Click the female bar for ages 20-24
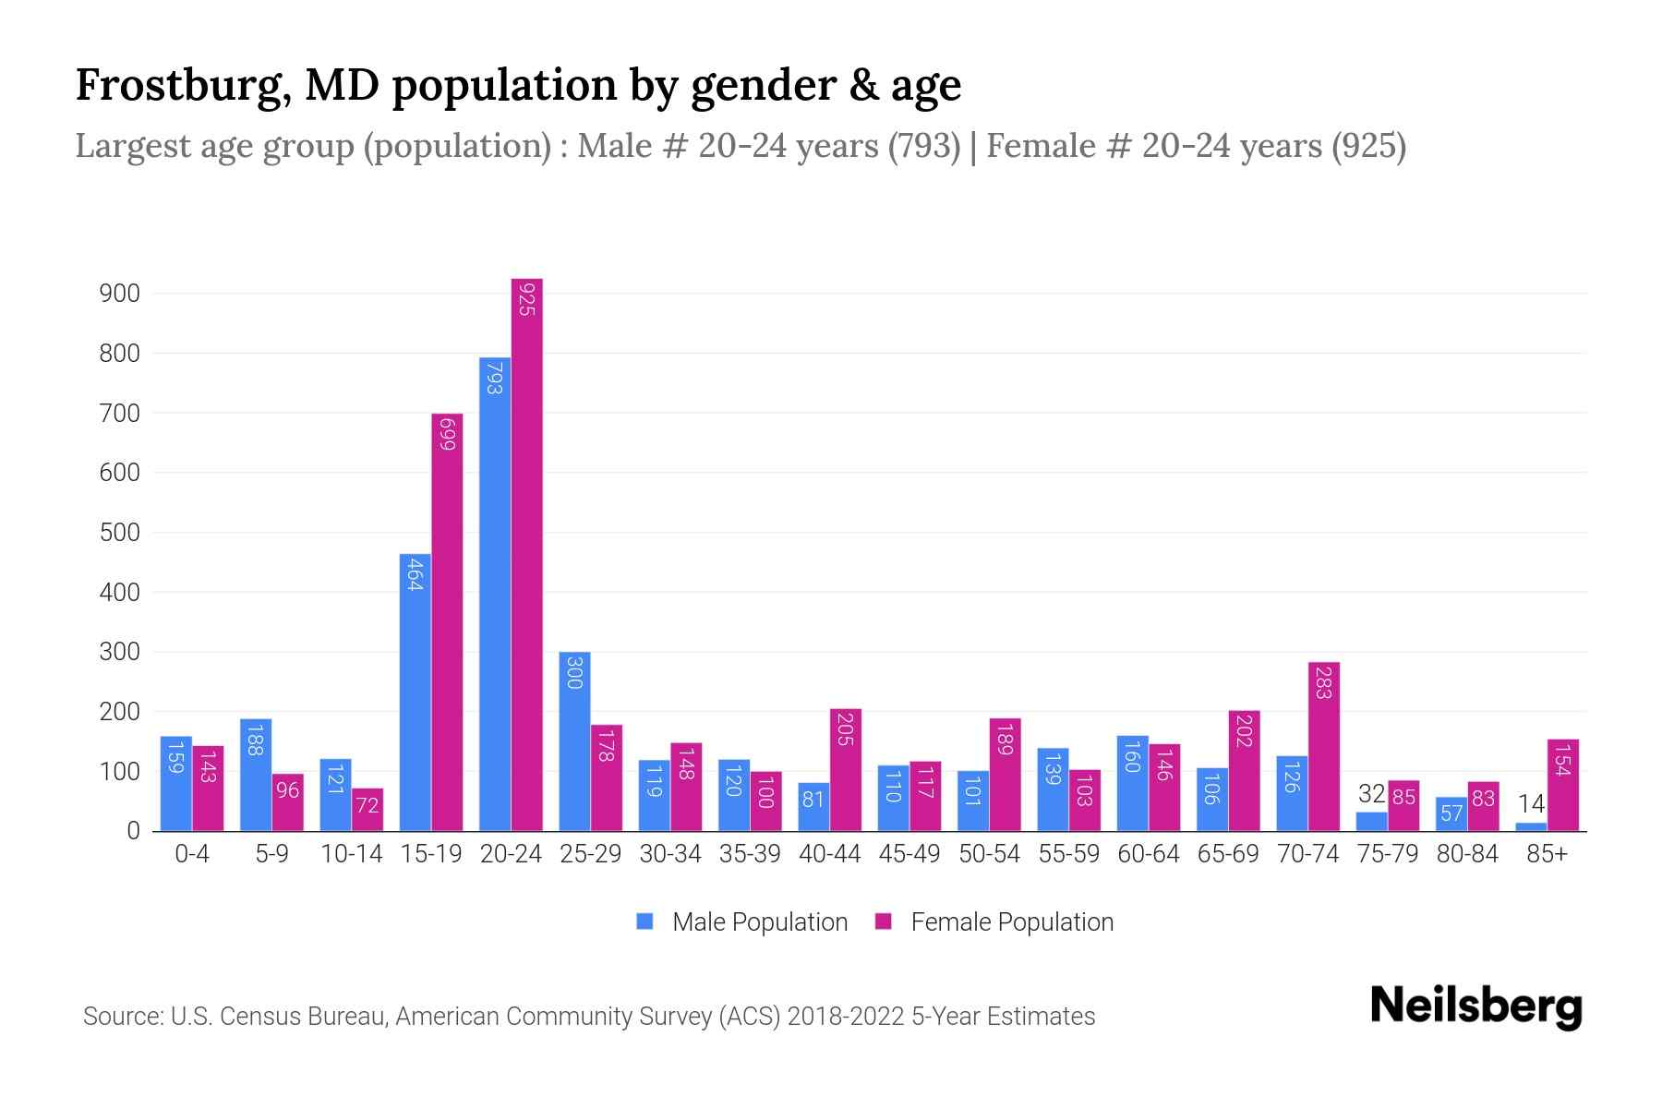coord(526,554)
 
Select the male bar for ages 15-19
coord(415,692)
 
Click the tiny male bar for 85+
coord(1530,826)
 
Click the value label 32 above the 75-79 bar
coord(1371,794)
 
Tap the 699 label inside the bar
coord(447,434)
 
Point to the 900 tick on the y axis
coord(119,294)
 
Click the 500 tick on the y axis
coord(119,533)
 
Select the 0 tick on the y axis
coord(133,831)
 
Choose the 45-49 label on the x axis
coord(909,854)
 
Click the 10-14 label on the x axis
coord(351,854)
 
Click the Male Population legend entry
coord(759,921)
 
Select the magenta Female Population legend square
coord(884,921)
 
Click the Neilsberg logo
coord(1475,1007)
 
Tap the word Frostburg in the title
coord(180,86)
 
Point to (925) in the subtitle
coord(1368,146)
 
